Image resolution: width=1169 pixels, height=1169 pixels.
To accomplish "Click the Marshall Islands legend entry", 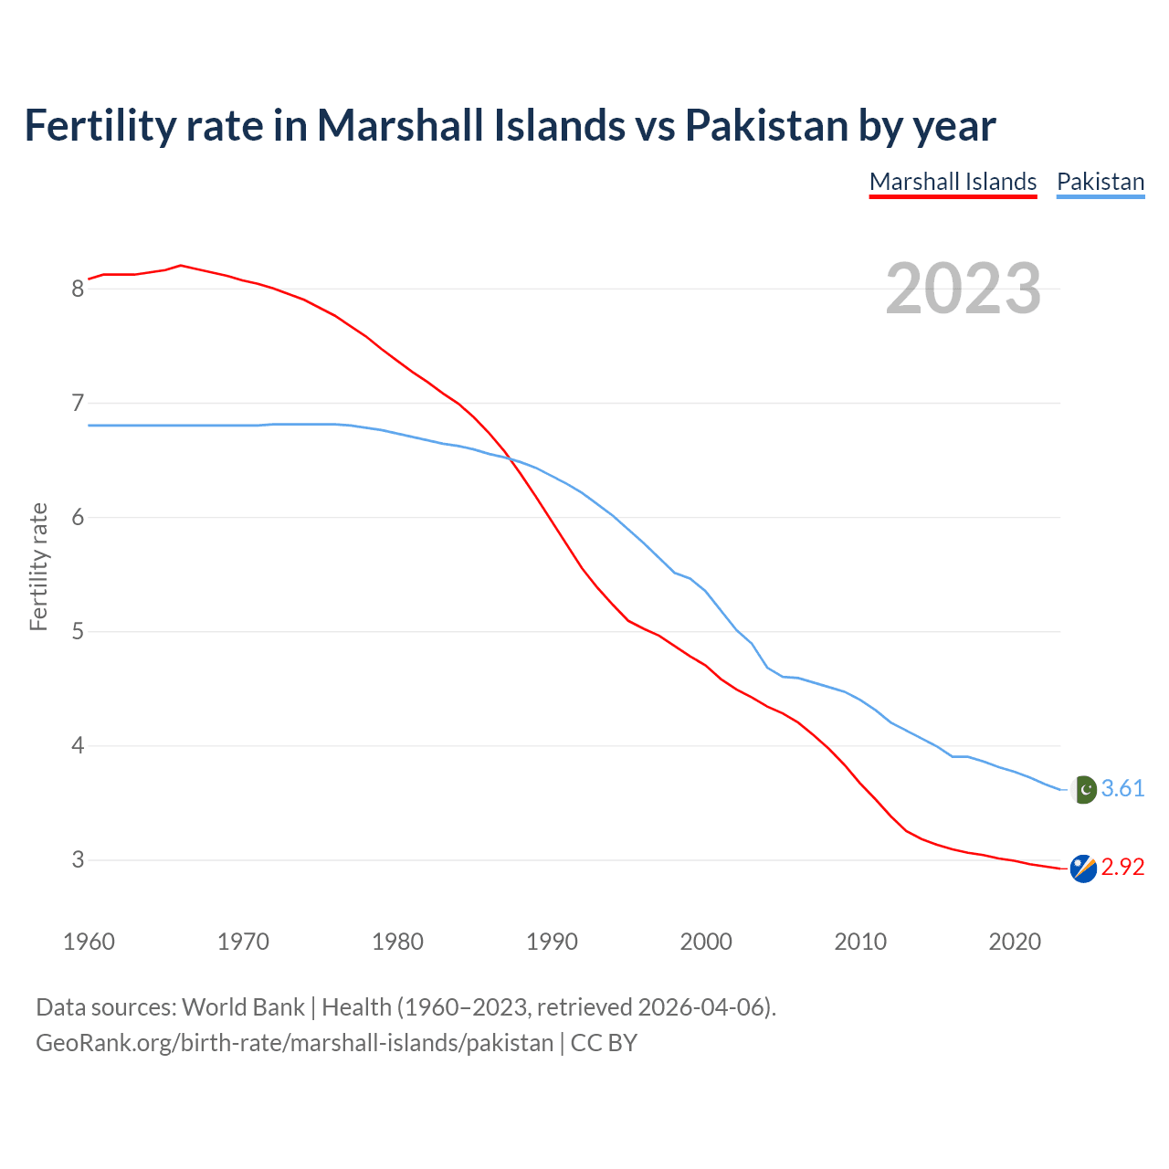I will click(953, 182).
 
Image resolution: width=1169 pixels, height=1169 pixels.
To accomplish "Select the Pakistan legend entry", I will click(1101, 182).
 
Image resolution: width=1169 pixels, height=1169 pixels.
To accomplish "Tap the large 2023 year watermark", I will click(964, 289).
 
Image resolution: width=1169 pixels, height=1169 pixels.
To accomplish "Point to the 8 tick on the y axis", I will click(78, 289).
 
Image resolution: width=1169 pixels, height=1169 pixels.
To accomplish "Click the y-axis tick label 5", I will click(78, 632).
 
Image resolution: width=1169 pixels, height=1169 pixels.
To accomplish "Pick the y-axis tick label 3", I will click(78, 860).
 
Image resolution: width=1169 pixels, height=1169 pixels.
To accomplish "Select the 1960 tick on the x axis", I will click(89, 942).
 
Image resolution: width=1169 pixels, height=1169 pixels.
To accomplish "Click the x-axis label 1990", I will click(552, 942).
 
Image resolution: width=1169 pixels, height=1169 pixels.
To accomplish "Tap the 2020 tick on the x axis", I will click(1015, 942).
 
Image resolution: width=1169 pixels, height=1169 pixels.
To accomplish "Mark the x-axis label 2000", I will click(706, 942).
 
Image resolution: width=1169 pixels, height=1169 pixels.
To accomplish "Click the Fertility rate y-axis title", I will click(38, 566).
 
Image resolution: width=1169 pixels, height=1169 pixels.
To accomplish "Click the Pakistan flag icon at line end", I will click(1083, 789).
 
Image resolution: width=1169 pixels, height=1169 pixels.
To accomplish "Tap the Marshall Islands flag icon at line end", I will click(1083, 869).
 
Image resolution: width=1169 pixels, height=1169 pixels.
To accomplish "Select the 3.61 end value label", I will click(1122, 789).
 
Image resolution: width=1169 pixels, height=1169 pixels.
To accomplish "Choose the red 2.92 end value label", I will click(1122, 868).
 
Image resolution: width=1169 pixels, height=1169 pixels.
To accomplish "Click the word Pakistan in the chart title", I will click(766, 125).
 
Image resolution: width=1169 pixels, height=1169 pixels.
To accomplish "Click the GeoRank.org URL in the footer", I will click(294, 1043).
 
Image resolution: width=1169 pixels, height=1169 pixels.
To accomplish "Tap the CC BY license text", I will click(604, 1043).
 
